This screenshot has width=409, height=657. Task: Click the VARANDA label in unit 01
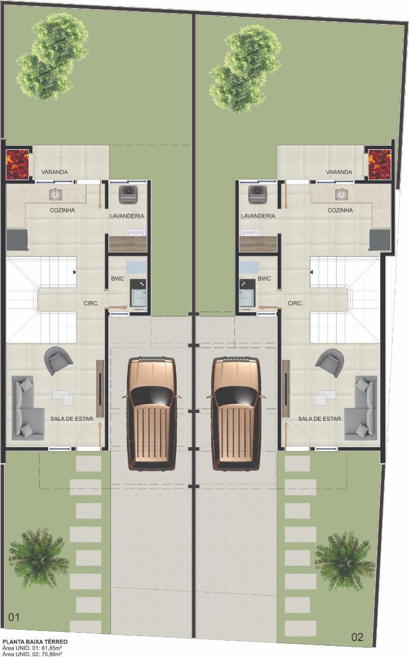point(54,172)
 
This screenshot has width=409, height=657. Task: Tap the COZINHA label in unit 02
point(340,210)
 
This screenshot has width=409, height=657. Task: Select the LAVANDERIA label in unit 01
point(127,216)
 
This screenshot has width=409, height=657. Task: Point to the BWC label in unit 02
point(264,279)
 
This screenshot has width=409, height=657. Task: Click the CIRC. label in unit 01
point(91,303)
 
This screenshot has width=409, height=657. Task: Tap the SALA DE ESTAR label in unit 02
point(320,419)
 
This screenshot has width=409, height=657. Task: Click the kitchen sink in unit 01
point(55,194)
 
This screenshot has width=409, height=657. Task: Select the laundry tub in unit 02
point(257,195)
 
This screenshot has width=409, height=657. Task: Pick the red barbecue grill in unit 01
point(17,164)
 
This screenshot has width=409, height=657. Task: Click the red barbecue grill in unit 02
point(380,164)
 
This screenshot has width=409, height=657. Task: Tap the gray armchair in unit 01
point(58,360)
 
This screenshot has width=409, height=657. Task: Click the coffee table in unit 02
point(326,397)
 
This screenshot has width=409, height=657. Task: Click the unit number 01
point(14,617)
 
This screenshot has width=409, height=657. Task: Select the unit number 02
point(357,637)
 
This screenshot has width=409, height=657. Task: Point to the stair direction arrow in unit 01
point(75,272)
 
